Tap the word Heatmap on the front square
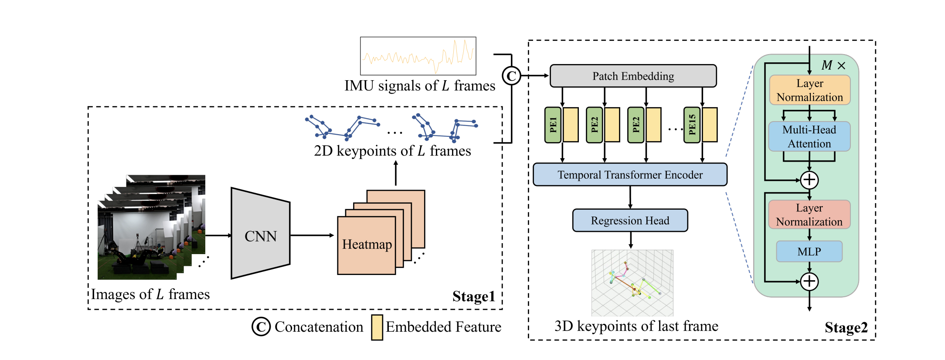click(367, 245)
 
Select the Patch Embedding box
click(633, 76)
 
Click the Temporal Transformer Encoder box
click(630, 175)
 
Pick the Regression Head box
click(630, 221)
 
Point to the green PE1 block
click(553, 125)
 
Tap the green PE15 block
click(692, 125)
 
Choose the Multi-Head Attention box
click(809, 136)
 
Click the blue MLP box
click(809, 251)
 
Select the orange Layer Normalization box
click(810, 90)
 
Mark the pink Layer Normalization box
click(809, 214)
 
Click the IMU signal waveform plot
click(418, 56)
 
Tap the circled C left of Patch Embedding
click(511, 76)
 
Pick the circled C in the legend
click(261, 326)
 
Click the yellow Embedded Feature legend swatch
click(377, 327)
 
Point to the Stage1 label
click(474, 296)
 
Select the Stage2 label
click(846, 327)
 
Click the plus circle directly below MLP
click(809, 282)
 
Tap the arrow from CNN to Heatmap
click(312, 235)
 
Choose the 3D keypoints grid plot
click(632, 283)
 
